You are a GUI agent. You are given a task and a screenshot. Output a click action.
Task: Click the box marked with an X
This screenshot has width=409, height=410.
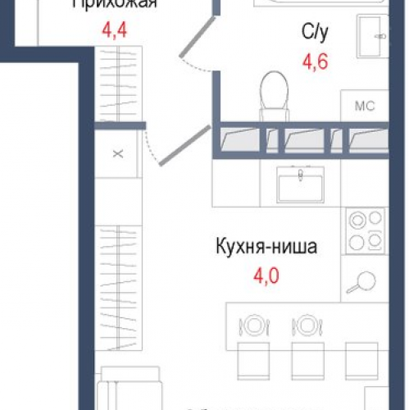tap(117, 153)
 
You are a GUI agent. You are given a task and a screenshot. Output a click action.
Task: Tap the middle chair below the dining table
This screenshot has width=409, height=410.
tap(305, 358)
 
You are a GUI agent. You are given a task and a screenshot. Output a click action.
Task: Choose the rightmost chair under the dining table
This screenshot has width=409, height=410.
tap(358, 358)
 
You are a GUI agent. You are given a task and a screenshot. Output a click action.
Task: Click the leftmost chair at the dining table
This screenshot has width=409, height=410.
tap(252, 358)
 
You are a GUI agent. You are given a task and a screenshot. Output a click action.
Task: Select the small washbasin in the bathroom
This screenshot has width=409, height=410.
tap(374, 33)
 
